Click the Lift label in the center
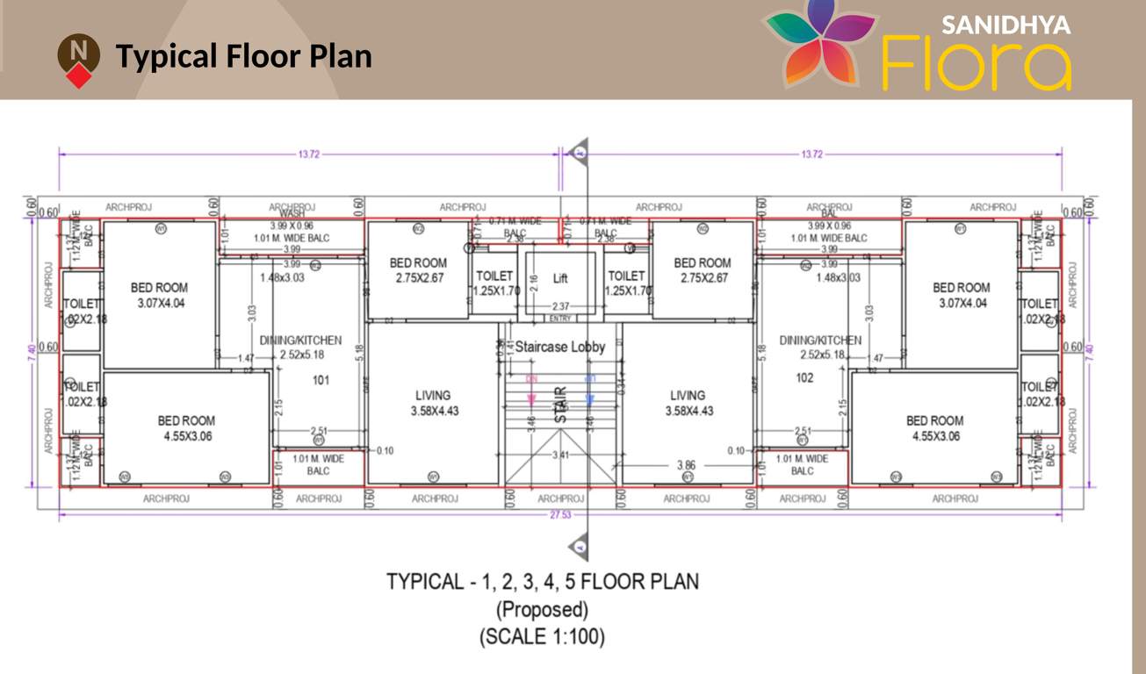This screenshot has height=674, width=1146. point(560,278)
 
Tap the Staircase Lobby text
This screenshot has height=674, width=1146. point(560,347)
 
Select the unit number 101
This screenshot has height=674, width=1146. point(321,381)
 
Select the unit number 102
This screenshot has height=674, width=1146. point(804,378)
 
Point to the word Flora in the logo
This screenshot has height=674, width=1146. point(976,64)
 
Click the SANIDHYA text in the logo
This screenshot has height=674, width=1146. point(1005,25)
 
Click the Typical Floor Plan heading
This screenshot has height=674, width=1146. point(244,56)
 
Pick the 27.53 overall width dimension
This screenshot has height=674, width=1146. point(560,515)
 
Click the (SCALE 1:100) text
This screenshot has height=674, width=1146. point(542,637)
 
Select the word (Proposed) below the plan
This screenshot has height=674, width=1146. point(542,609)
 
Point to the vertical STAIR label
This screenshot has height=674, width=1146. point(561,406)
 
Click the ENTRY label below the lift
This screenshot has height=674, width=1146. point(560,319)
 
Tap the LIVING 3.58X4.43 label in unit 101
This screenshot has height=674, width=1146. point(433,403)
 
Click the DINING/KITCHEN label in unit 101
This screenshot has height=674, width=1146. point(300,348)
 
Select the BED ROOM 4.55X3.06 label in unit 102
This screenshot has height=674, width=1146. point(934,428)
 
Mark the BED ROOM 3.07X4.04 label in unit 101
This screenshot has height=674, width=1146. point(159,296)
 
